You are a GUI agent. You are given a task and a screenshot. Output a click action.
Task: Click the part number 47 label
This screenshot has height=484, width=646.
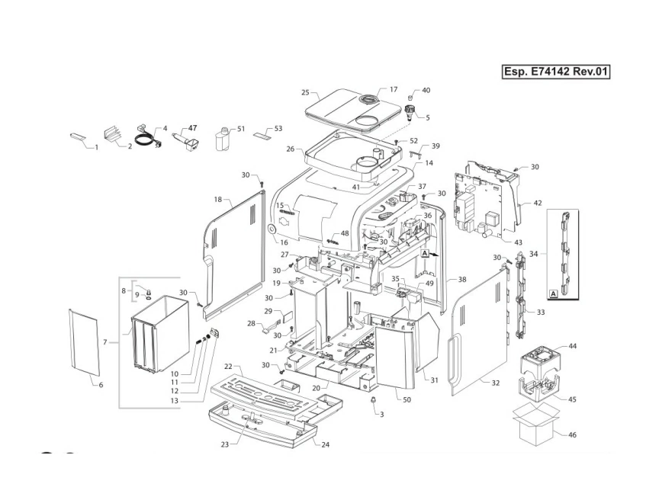(192, 128)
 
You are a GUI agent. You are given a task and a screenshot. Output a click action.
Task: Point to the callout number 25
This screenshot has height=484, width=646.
(305, 92)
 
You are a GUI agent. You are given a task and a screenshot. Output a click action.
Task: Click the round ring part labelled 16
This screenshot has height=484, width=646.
(272, 229)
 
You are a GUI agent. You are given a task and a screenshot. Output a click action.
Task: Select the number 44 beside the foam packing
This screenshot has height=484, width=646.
(572, 346)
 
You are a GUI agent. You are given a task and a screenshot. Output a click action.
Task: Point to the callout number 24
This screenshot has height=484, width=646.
(326, 444)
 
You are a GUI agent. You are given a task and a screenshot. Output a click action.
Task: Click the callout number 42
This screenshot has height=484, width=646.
(538, 204)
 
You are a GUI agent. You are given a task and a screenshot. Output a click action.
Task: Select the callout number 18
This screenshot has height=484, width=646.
(217, 199)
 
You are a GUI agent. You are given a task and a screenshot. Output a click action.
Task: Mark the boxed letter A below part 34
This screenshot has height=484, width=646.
(551, 293)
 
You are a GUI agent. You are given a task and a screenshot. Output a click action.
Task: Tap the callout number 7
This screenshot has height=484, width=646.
(106, 342)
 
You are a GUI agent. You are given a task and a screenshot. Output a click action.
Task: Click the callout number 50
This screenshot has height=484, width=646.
(407, 399)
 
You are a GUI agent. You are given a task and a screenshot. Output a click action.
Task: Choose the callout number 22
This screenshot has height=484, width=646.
(228, 367)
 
